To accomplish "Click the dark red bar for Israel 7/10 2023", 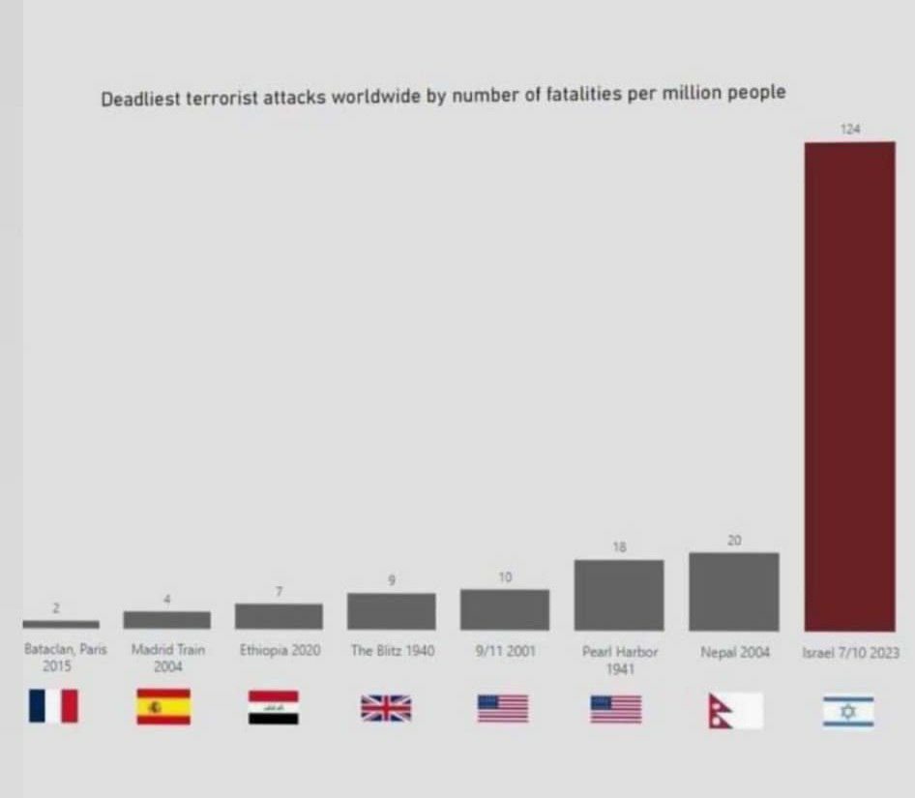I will [x=849, y=387].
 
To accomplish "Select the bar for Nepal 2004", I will [x=733, y=592].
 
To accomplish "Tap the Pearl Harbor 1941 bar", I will [x=619, y=596].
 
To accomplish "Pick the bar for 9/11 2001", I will [x=505, y=609].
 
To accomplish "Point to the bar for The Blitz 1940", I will [x=392, y=611].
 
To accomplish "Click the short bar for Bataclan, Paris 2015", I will [x=60, y=625].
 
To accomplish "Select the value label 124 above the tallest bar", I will [x=850, y=129].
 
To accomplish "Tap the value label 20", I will [x=734, y=541].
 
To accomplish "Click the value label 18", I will [x=620, y=547].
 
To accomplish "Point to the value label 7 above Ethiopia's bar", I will [x=279, y=591].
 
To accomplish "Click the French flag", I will [x=53, y=706].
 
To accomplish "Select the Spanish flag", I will [x=163, y=707].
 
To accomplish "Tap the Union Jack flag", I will [x=386, y=708].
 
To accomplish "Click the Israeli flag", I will [x=848, y=712].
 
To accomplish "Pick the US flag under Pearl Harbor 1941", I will [x=616, y=709].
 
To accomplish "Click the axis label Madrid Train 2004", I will [x=167, y=658].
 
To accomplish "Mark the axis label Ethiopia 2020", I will [x=280, y=651].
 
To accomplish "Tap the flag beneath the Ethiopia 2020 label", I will [x=274, y=708].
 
